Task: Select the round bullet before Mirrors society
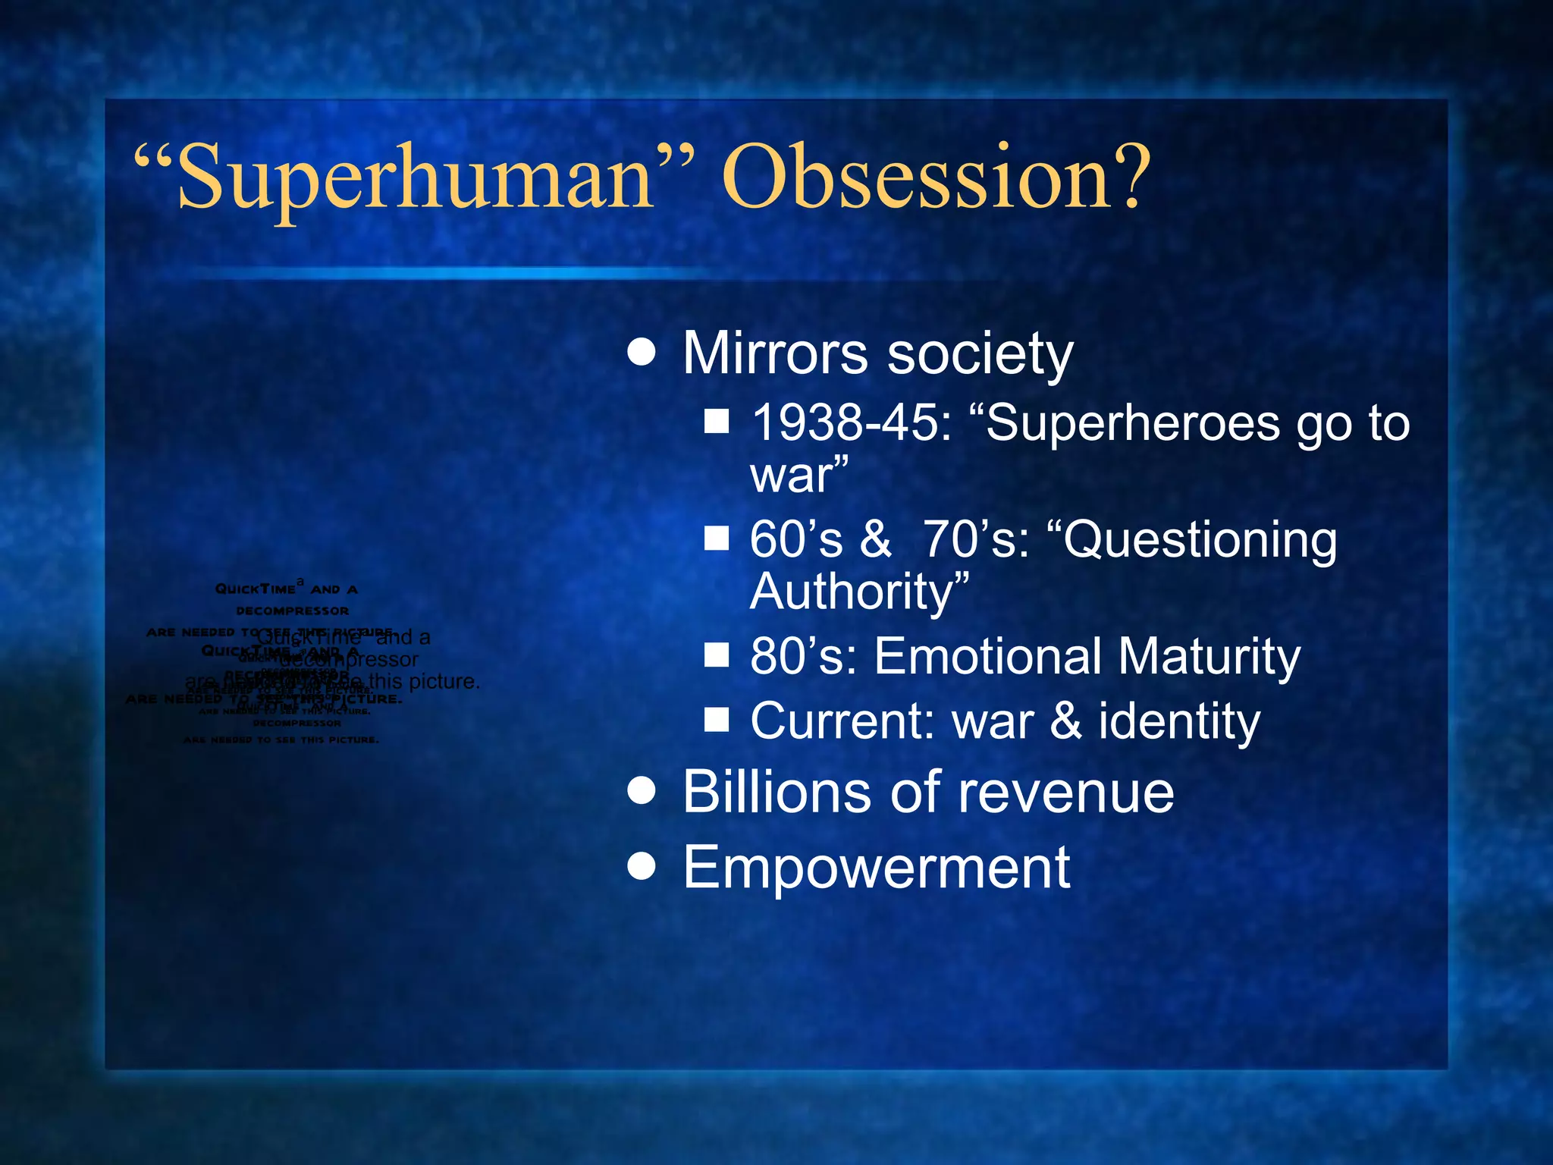(x=642, y=353)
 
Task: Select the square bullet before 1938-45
(x=716, y=422)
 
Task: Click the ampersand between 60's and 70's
(x=875, y=539)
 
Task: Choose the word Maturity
(x=1209, y=656)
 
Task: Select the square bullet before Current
(x=716, y=719)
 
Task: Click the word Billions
(x=778, y=792)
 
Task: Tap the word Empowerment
(x=876, y=868)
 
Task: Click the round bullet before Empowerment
(x=642, y=865)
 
